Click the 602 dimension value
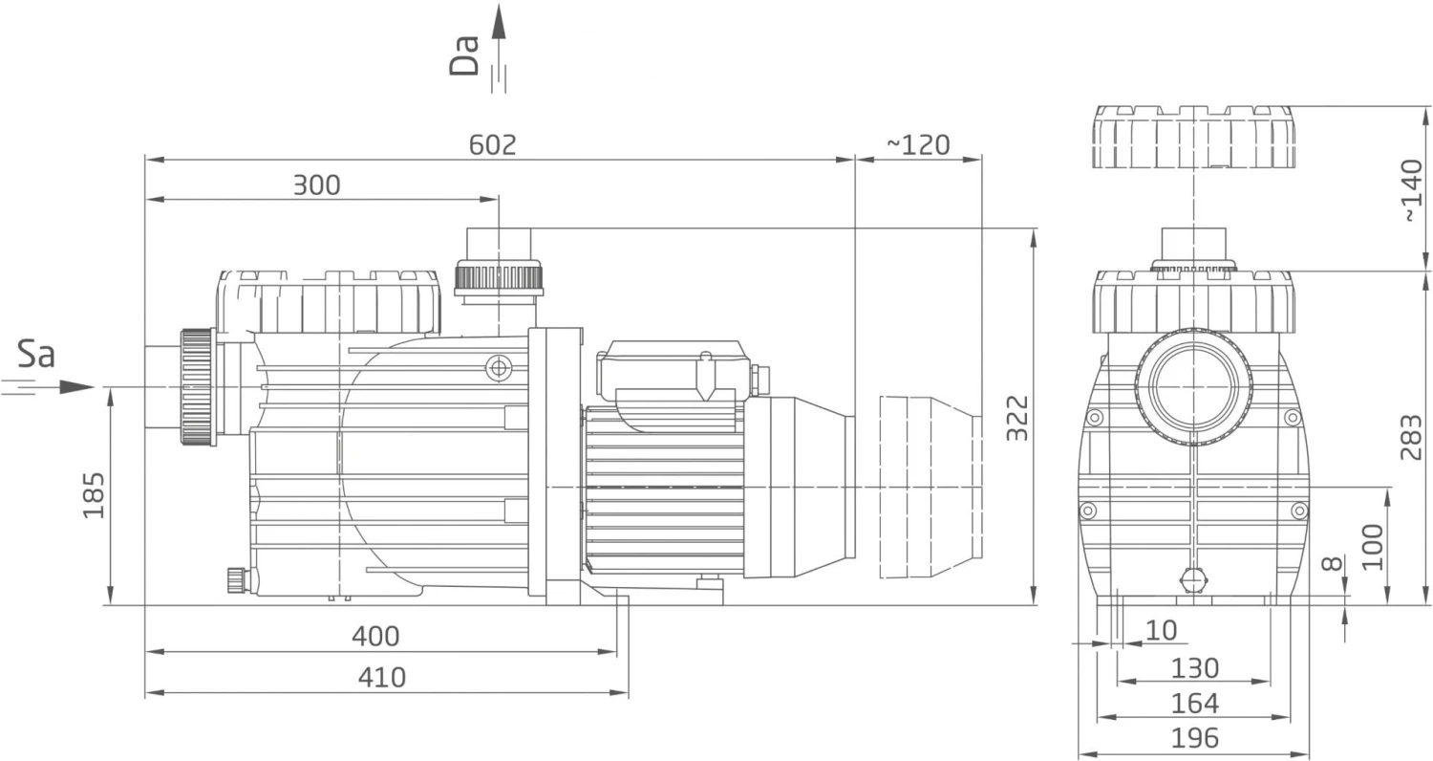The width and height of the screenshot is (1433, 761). (492, 145)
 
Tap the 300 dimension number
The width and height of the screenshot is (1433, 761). (316, 185)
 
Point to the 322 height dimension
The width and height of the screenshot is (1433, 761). (1017, 419)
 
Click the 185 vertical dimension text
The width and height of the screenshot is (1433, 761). (94, 495)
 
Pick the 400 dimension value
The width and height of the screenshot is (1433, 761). (375, 637)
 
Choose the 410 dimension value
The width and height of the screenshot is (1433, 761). (382, 678)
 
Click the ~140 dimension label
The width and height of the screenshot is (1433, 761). (1412, 191)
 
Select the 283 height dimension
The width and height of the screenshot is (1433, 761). (1411, 438)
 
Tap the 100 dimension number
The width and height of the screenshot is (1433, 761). (1372, 547)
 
